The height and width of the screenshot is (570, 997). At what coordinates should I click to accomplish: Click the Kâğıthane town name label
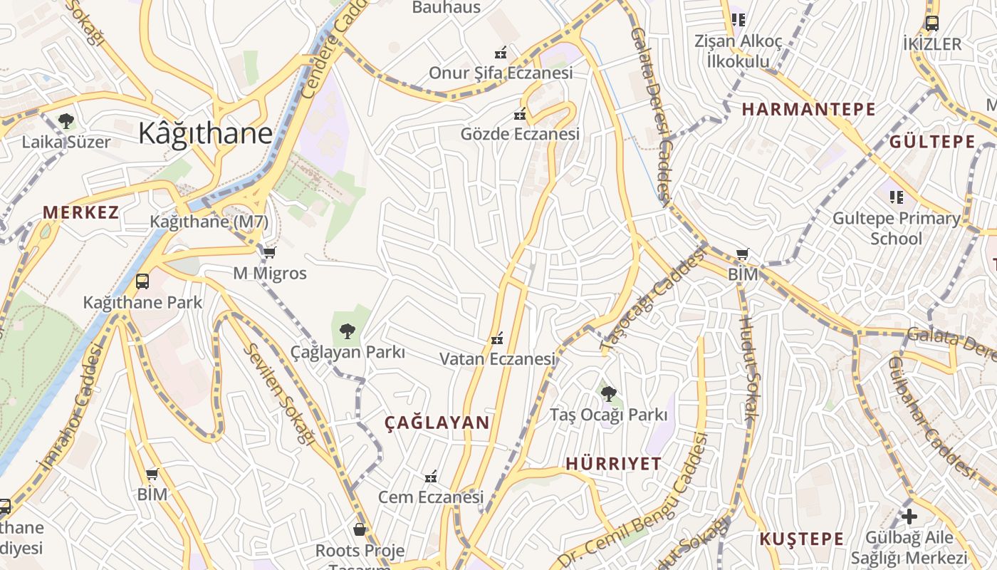pos(205,133)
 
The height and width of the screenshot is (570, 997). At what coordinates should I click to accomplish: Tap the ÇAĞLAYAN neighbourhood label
pos(437,423)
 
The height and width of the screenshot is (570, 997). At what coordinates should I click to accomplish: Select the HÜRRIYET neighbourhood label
pos(613,463)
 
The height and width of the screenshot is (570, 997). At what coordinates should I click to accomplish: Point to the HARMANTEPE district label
pos(808,109)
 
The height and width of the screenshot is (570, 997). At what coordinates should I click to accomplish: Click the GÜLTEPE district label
pos(931,141)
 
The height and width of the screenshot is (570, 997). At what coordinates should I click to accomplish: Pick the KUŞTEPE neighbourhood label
pos(801,539)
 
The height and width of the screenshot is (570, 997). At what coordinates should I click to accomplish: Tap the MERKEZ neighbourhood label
pos(80,212)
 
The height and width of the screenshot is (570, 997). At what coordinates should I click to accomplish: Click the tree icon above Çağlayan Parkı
pos(347,331)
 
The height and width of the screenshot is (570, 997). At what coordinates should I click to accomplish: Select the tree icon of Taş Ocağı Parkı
pos(608,393)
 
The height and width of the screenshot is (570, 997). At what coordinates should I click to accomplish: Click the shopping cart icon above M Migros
pos(269,252)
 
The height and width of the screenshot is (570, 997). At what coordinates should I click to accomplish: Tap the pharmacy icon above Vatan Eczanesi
pos(497,338)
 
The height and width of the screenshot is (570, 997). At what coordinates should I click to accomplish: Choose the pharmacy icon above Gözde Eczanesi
pos(520,113)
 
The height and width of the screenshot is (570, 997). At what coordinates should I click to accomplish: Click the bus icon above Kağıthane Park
pos(142,281)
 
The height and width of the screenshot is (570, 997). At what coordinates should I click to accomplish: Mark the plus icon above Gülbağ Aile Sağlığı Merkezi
pos(909,517)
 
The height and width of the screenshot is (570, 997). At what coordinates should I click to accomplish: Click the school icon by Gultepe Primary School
pos(896,197)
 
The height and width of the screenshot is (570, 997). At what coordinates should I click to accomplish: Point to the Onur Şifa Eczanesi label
pos(501,73)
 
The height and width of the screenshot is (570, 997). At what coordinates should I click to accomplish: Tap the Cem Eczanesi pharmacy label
pos(430,497)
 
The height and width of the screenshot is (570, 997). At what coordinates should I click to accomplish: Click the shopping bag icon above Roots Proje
pos(360,529)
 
